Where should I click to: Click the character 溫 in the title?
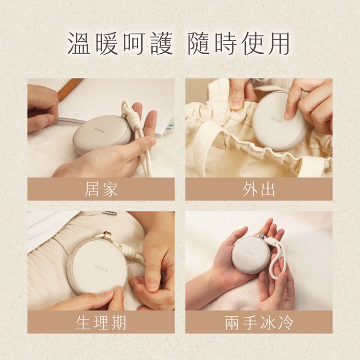(x=80, y=44)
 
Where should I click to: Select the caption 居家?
(x=101, y=189)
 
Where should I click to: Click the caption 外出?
(x=259, y=189)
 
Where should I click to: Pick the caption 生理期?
(x=101, y=322)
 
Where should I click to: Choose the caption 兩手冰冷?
(x=259, y=322)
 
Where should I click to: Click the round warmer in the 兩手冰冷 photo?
(x=251, y=254)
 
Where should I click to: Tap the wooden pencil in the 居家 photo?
(x=70, y=89)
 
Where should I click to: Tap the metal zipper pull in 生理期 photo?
(x=109, y=213)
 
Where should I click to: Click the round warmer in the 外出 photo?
(x=280, y=120)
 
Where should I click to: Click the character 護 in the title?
(x=159, y=44)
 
